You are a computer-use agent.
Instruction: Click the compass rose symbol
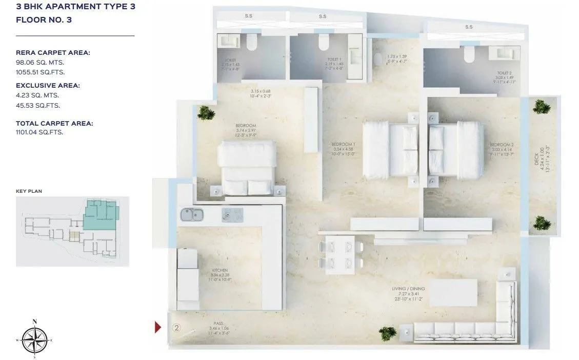[34, 339]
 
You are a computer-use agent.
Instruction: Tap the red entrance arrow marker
[158, 327]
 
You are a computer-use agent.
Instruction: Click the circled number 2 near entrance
[176, 327]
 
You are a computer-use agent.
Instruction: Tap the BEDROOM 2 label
[497, 145]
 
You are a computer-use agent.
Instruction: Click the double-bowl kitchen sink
[191, 214]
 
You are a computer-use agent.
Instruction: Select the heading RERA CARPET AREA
[53, 52]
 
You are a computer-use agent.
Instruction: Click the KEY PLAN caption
[29, 191]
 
